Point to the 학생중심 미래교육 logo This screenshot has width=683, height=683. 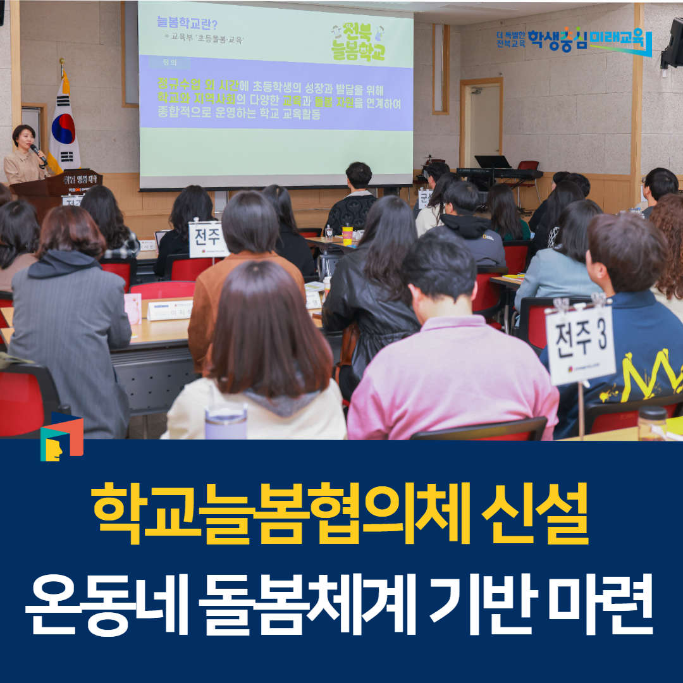[x=574, y=39]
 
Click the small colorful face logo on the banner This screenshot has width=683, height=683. [x=61, y=437]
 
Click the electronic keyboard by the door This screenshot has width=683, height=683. [x=500, y=173]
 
